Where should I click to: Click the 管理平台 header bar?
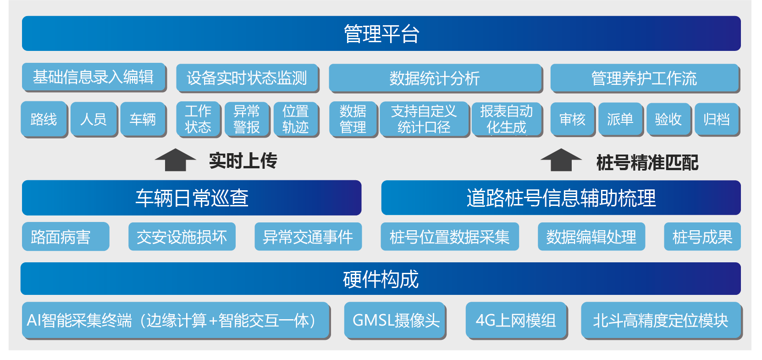click(x=381, y=33)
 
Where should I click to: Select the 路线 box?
click(x=44, y=120)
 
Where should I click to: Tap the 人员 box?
click(x=94, y=120)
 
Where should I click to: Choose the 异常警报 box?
click(x=247, y=120)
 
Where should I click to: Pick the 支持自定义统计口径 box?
click(x=425, y=120)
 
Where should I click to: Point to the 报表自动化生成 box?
click(x=507, y=120)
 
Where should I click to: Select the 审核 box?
click(x=573, y=120)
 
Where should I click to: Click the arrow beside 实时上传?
click(x=175, y=160)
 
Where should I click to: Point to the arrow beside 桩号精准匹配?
click(x=561, y=160)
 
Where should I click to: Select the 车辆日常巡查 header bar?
click(x=192, y=198)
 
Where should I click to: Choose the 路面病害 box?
click(x=66, y=237)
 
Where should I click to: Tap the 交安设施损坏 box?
click(x=182, y=237)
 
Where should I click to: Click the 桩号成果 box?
click(x=702, y=237)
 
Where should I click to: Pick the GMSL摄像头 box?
click(x=395, y=321)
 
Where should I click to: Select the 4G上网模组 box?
click(x=517, y=321)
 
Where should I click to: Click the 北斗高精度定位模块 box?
click(x=662, y=321)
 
